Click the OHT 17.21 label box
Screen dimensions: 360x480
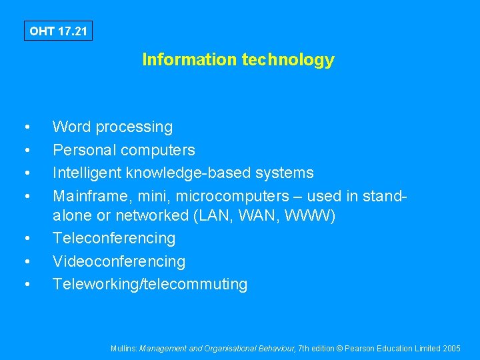click(58, 31)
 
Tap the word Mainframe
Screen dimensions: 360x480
click(88, 196)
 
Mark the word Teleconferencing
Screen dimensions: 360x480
click(114, 238)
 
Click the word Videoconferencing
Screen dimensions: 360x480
click(119, 261)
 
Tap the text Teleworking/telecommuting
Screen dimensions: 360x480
click(150, 284)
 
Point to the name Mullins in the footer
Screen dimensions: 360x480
click(124, 348)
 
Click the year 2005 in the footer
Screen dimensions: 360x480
click(451, 348)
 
